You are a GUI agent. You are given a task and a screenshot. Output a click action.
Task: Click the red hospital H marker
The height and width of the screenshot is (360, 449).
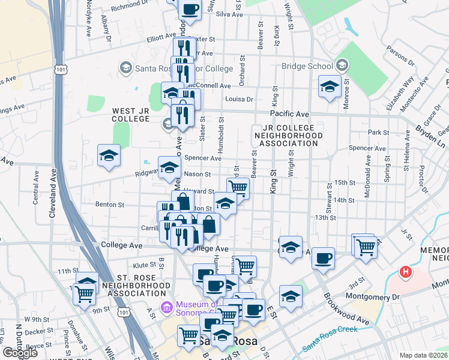tap(406, 272)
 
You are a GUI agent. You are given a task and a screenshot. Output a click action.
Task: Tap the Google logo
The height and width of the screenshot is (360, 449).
tap(20, 353)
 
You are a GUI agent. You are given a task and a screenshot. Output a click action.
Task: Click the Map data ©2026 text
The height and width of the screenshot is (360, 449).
tap(423, 355)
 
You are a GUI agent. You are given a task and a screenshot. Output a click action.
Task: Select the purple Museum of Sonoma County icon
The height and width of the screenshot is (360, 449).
tap(167, 308)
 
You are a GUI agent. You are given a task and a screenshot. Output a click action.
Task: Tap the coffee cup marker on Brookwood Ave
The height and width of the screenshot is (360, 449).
tap(323, 257)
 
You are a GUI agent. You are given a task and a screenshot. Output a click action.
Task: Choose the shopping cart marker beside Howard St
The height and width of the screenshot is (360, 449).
tap(238, 188)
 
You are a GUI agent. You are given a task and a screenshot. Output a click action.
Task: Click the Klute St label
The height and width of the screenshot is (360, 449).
tap(145, 264)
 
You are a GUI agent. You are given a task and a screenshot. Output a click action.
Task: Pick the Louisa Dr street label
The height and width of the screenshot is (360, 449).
tap(240, 99)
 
